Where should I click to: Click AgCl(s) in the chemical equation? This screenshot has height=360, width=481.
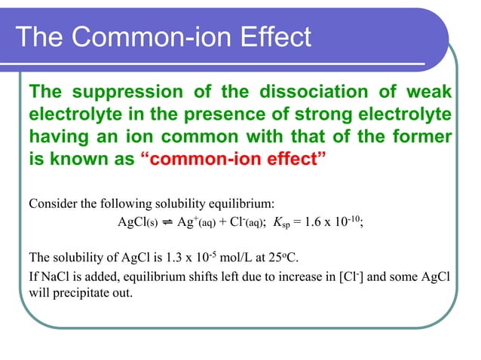[x=136, y=223]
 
